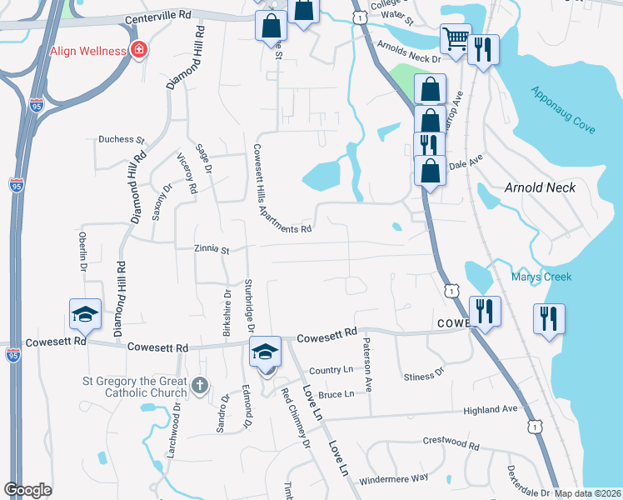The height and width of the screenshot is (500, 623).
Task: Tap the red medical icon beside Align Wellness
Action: [138, 51]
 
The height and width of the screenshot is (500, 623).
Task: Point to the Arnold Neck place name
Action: [540, 187]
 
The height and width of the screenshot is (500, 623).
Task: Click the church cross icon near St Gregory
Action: [198, 385]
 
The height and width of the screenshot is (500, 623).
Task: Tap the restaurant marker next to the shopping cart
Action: [483, 49]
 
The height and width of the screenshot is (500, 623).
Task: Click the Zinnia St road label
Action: [211, 248]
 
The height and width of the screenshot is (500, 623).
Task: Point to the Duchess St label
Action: [122, 140]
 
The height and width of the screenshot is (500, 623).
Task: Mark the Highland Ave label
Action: [491, 409]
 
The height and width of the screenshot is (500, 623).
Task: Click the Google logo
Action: [27, 490]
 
